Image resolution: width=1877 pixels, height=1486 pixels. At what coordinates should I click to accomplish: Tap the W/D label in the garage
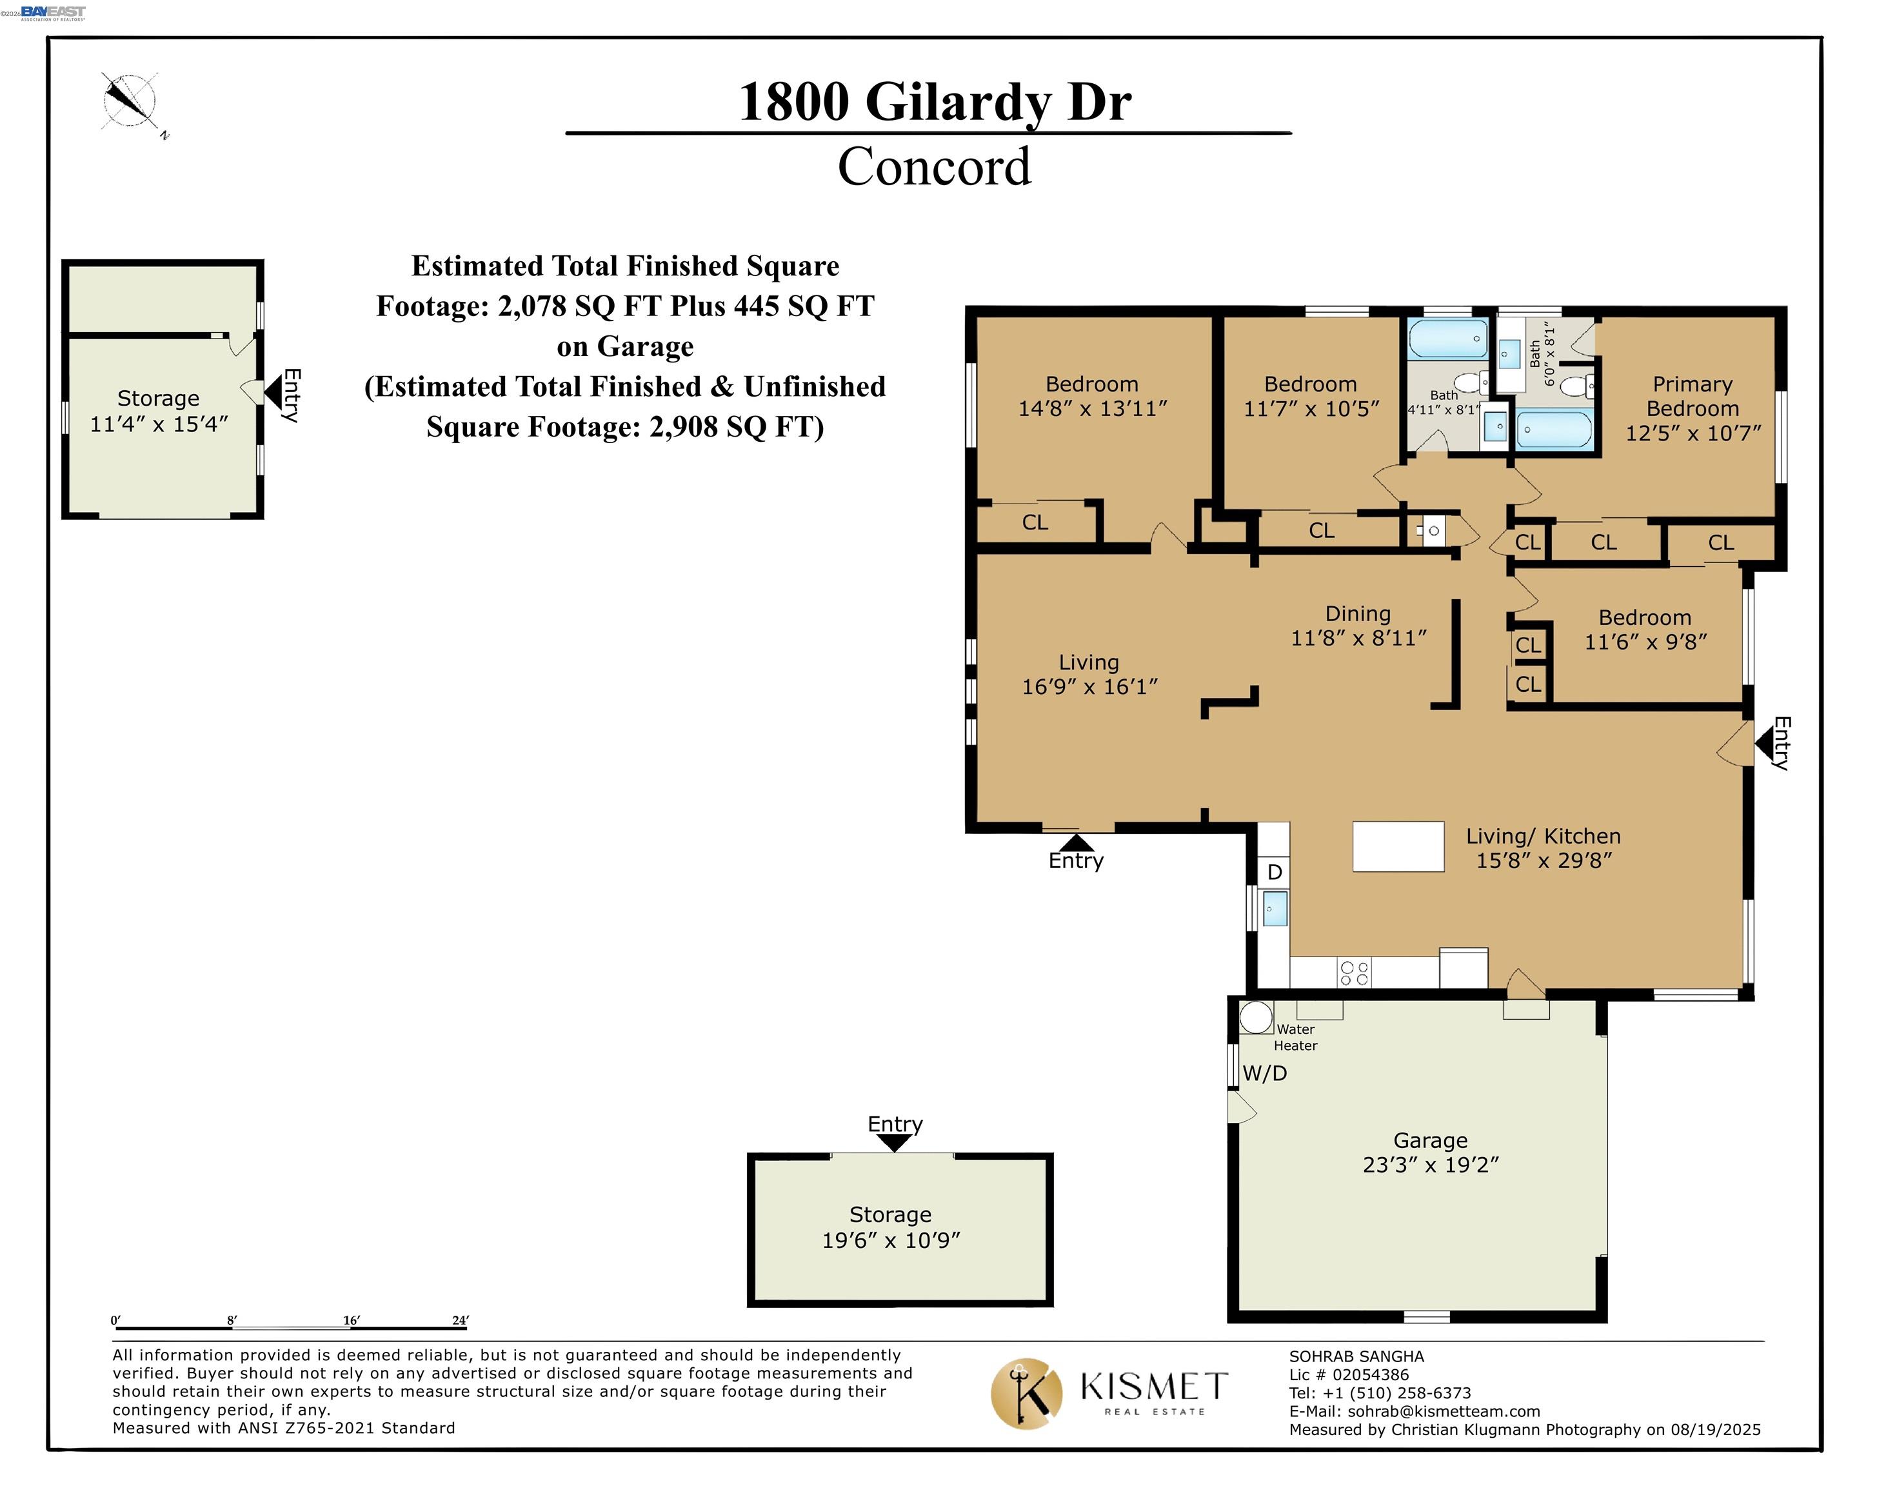pos(1264,1074)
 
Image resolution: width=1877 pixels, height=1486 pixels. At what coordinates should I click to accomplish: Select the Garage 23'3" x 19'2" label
pos(1430,1152)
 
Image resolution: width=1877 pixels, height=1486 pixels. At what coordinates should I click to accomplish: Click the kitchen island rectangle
pos(1398,847)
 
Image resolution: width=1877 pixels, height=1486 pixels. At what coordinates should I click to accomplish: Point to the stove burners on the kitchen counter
pos(1354,973)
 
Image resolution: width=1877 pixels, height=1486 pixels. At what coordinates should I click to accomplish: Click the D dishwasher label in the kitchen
pos(1274,872)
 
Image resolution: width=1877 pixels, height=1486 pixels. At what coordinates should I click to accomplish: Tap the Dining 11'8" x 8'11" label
pos(1358,626)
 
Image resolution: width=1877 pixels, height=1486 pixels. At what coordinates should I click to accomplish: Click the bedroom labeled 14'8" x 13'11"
pos(1091,396)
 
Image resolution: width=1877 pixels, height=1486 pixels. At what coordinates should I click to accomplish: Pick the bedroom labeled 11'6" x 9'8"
pos(1645,629)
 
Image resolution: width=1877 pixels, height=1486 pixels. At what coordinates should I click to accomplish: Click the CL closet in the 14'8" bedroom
pos(1035,522)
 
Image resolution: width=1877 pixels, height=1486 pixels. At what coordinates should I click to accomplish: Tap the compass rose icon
pos(130,101)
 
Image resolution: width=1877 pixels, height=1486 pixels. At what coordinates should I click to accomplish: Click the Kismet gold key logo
pos(1026,1393)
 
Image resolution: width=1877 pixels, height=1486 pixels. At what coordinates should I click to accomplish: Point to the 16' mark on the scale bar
pos(351,1321)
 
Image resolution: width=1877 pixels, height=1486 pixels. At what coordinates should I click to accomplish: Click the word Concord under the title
pos(934,166)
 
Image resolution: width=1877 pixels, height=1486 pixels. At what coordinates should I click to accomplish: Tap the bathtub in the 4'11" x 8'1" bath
pos(1448,339)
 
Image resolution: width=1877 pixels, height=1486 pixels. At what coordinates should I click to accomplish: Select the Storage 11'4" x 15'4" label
pos(159,411)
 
